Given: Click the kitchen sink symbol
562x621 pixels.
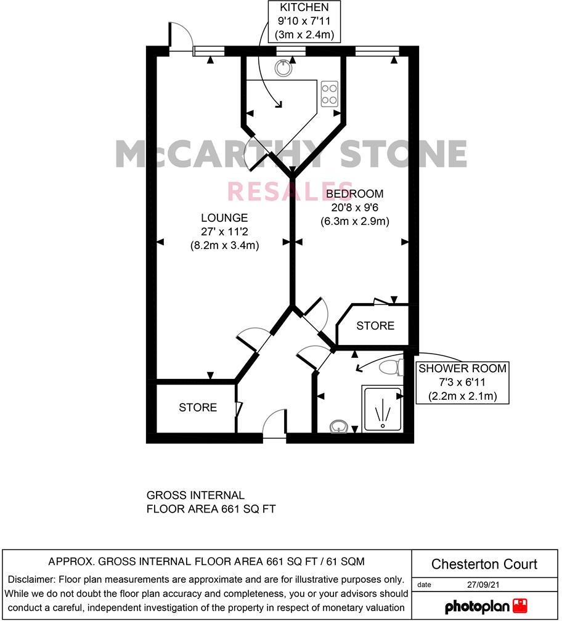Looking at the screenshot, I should (283, 68).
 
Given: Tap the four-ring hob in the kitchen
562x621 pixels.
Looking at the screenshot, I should (329, 94).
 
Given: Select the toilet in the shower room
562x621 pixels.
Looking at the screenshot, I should (390, 368).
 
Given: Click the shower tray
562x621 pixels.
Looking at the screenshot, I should (382, 408).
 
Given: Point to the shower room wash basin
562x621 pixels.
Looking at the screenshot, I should (338, 426).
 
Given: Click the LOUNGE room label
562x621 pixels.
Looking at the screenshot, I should (224, 217).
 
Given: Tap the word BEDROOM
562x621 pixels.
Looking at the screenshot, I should (354, 194).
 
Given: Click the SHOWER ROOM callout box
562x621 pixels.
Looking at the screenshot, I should (462, 382).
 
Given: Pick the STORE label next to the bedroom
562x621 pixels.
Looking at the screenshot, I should (375, 325).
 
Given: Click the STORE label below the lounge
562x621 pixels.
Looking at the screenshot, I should (198, 407).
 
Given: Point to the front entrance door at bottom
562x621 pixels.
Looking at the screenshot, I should (274, 425).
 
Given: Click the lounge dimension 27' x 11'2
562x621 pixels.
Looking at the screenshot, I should (224, 231).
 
